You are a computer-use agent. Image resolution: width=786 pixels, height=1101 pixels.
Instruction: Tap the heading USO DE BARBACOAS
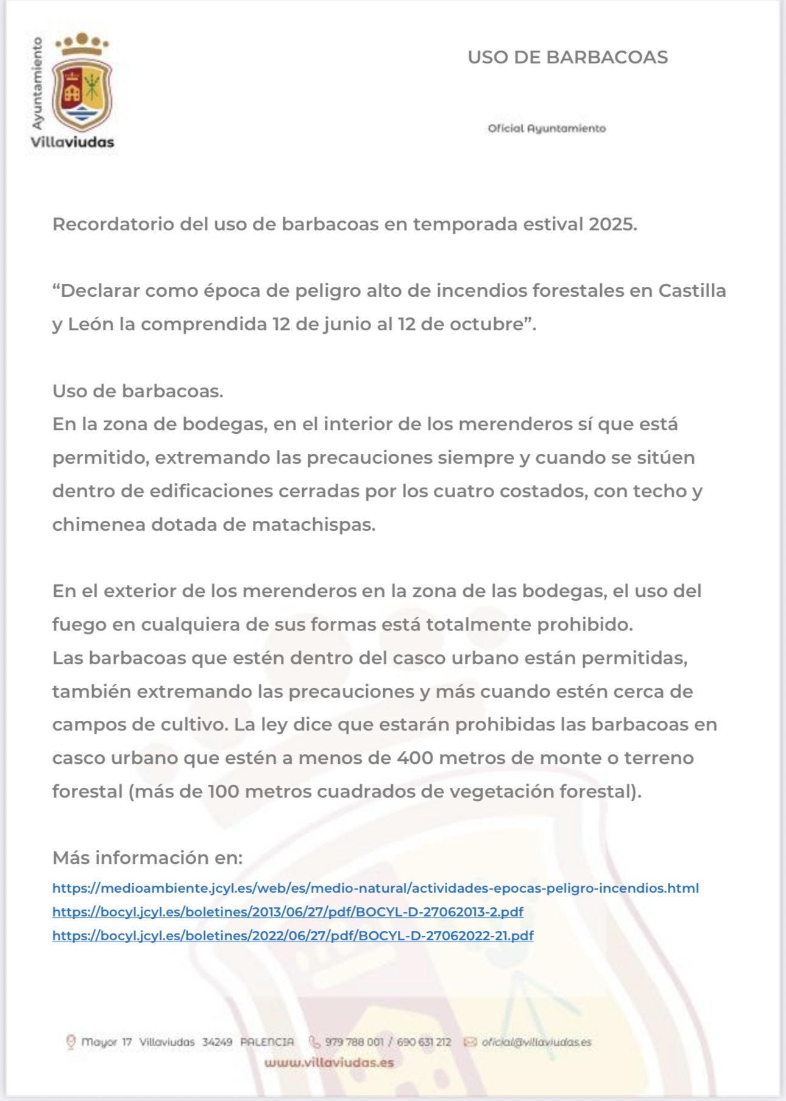[x=567, y=57]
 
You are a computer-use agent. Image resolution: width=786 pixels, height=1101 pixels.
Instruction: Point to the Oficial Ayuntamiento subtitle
[x=547, y=129]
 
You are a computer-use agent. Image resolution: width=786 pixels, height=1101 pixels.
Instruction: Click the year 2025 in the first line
[x=612, y=224]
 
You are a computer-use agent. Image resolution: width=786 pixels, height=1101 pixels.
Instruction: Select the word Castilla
[x=692, y=291]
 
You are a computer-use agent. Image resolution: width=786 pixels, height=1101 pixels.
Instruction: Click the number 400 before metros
[x=415, y=758]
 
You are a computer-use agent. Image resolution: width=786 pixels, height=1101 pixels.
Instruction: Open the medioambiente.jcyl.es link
[x=375, y=888]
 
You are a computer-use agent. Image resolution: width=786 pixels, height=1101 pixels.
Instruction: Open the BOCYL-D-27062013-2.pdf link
[x=288, y=912]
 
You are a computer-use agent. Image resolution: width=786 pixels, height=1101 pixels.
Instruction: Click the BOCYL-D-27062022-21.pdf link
[x=292, y=936]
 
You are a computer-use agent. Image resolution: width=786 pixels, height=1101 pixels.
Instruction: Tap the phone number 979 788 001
[x=354, y=1042]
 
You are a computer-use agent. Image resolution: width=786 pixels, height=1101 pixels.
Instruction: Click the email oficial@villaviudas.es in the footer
[x=536, y=1042]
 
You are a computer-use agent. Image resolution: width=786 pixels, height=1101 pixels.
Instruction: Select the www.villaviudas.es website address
[x=329, y=1063]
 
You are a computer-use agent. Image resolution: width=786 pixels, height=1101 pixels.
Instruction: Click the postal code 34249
[x=217, y=1042]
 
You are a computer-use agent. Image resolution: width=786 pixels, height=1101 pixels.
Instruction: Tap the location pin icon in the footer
[x=71, y=1042]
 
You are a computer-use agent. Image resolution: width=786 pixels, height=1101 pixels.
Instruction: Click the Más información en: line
[x=147, y=858]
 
